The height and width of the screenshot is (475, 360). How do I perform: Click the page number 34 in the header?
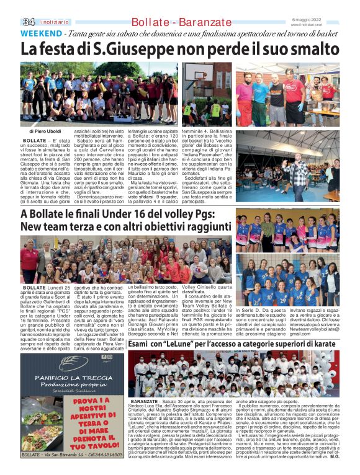coord(28,22)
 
